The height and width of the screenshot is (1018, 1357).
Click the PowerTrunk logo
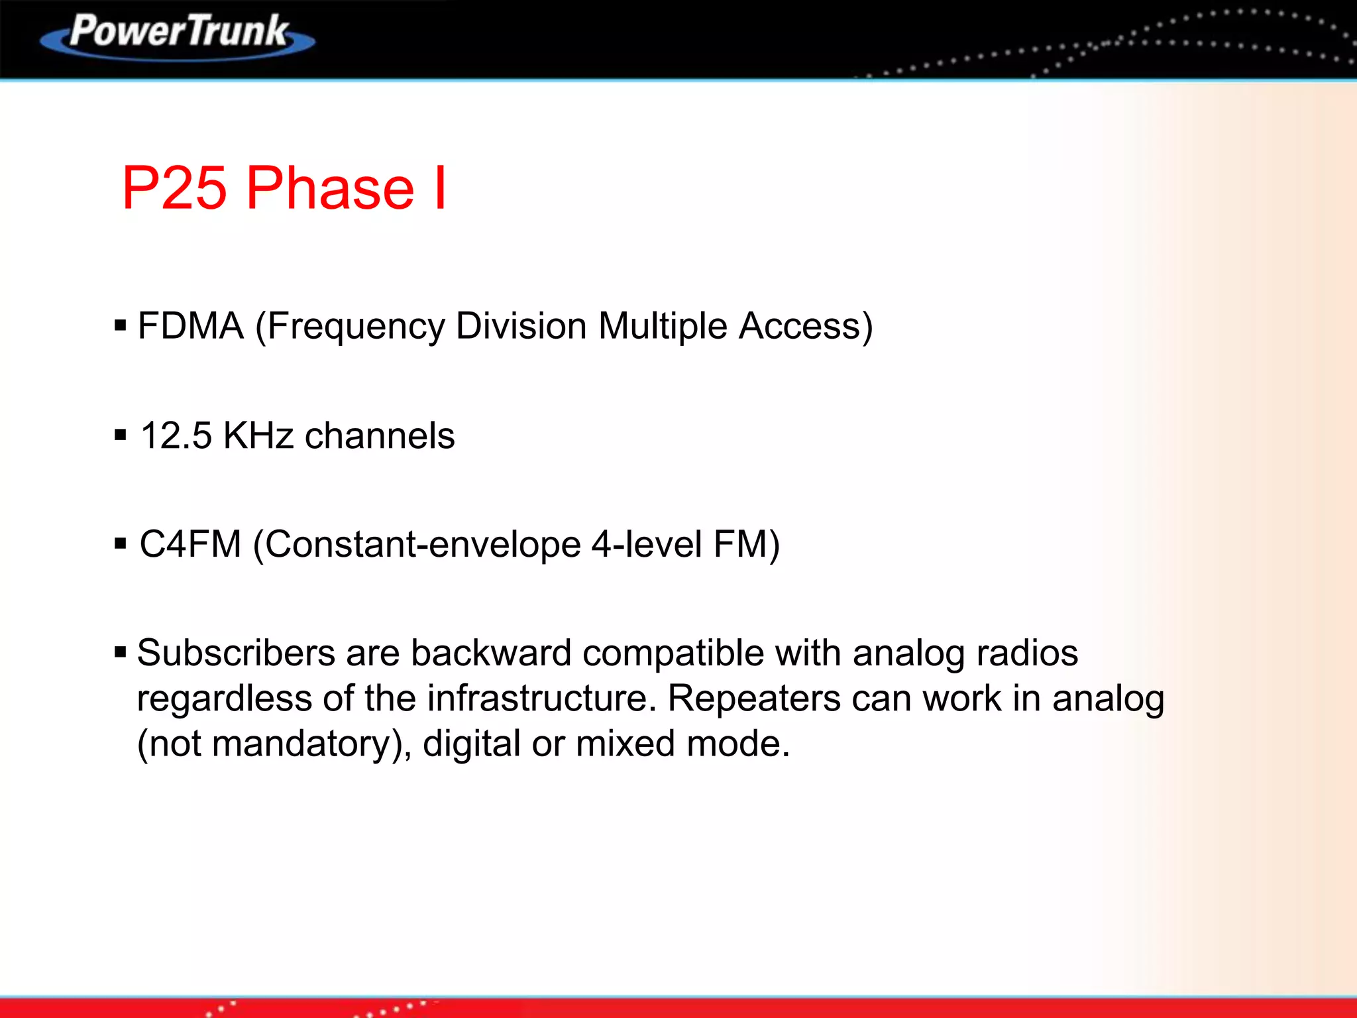178,34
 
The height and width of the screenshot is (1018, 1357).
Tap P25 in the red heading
174,188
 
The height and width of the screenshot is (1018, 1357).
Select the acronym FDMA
190,326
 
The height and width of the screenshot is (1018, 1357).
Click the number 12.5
176,436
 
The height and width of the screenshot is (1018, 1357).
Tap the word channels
380,436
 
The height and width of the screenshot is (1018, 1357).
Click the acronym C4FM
190,545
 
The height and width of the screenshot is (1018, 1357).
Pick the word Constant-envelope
423,545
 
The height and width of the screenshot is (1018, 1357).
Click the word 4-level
646,545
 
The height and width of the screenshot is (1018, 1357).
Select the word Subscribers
236,653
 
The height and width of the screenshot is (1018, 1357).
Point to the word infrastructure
541,699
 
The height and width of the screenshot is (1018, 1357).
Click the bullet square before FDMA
120,325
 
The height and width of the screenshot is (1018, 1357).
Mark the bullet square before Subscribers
120,653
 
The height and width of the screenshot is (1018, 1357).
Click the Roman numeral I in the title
440,188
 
